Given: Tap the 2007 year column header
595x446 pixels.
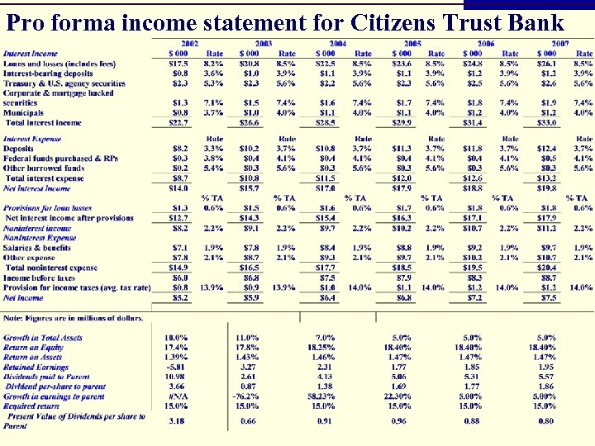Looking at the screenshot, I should (x=559, y=43).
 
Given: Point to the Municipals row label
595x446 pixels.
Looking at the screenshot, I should (x=24, y=112).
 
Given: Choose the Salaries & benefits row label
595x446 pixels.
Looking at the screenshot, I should (x=37, y=248).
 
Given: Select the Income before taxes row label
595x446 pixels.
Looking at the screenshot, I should (x=40, y=278).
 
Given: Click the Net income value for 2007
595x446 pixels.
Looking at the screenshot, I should (x=546, y=297).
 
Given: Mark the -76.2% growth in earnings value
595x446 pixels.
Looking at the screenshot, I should (x=247, y=396).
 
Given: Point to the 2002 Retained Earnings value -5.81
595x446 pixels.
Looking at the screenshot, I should (x=174, y=367).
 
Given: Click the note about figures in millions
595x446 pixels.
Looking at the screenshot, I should (x=74, y=318).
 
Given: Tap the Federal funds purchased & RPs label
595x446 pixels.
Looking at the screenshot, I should (x=60, y=158).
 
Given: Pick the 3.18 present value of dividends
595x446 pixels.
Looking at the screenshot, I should (x=175, y=421).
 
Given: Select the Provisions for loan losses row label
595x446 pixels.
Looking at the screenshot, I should (x=48, y=207).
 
